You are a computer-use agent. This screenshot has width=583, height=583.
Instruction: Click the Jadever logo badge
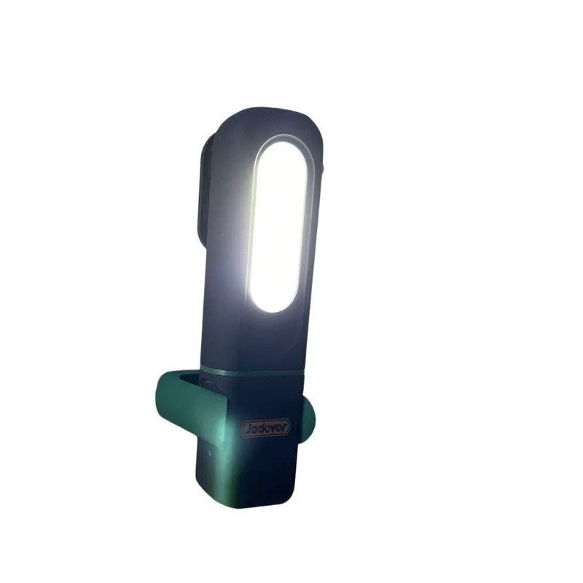(x=265, y=428)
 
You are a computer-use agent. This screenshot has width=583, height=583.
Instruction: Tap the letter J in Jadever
(x=248, y=429)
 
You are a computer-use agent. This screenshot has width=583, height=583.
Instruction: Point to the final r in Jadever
(x=284, y=426)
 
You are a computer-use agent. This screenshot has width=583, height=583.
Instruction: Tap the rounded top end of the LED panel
(x=283, y=143)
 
